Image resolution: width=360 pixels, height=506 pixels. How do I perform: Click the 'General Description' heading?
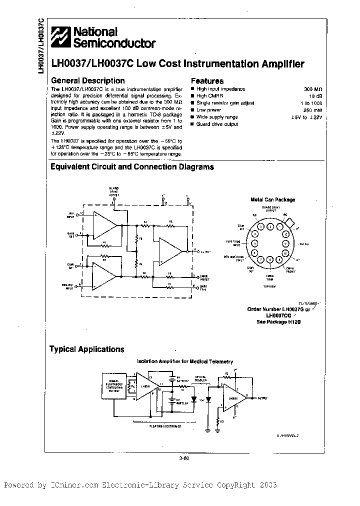(88, 80)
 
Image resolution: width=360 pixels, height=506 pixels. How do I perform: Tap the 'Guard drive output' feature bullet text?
(217, 124)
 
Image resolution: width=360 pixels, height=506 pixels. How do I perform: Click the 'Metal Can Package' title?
(272, 199)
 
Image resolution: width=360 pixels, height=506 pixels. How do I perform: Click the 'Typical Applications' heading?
(86, 349)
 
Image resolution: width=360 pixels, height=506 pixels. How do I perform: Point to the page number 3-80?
(184, 456)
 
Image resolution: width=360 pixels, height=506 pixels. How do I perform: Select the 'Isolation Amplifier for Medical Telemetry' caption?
(185, 361)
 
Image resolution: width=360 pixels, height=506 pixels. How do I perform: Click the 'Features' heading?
(207, 80)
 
